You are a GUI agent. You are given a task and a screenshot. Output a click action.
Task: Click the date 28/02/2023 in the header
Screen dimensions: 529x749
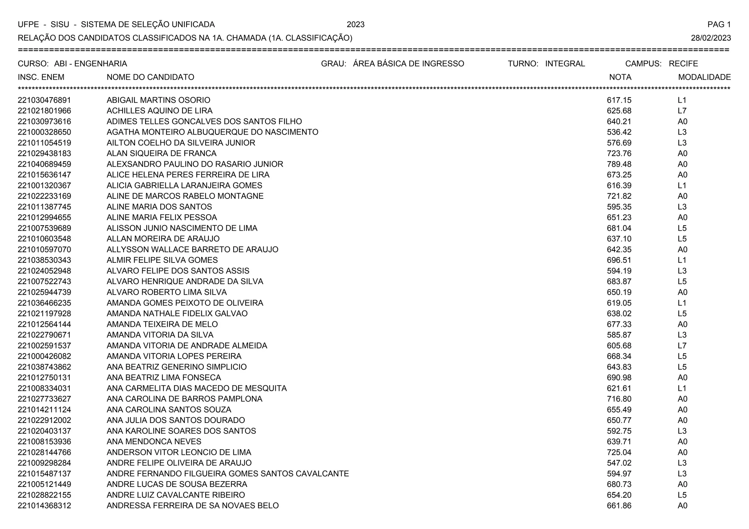(711, 38)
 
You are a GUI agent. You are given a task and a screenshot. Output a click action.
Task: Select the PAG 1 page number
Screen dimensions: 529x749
(719, 24)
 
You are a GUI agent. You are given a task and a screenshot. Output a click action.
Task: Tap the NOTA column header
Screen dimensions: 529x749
(620, 77)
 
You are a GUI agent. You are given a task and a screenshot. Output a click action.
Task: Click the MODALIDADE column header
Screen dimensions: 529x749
(704, 77)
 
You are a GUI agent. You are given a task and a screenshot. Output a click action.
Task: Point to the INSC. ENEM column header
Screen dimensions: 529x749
(41, 77)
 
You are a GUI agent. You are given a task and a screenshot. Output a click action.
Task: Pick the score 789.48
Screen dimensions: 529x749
(619, 164)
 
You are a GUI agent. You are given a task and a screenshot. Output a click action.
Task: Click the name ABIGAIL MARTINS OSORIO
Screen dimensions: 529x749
(158, 100)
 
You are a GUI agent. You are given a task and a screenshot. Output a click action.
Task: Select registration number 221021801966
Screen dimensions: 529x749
(44, 111)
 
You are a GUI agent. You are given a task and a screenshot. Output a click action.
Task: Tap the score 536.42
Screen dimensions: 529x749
(619, 132)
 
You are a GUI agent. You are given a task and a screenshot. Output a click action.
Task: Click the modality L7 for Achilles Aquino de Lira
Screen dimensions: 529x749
(682, 111)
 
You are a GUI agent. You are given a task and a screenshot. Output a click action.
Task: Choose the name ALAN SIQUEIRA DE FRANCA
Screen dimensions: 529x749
(161, 154)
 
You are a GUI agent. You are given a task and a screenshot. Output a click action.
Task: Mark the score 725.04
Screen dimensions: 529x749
(619, 452)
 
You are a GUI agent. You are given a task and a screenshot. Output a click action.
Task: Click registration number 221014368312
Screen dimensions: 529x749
(44, 506)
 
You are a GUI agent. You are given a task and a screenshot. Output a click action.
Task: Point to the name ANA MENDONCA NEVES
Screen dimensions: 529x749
(154, 442)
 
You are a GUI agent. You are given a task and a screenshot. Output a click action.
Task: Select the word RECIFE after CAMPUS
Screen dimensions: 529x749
(683, 64)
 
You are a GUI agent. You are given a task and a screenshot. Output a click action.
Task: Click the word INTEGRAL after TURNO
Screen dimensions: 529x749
(565, 64)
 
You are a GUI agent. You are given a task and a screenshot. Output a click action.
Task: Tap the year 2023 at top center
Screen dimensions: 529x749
(355, 24)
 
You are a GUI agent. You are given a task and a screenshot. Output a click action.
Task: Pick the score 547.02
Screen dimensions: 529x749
(619, 463)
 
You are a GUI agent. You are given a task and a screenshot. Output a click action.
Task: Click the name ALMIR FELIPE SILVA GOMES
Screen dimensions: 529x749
(162, 260)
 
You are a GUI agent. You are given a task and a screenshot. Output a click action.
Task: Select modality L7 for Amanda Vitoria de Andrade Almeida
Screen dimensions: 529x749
(682, 345)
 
